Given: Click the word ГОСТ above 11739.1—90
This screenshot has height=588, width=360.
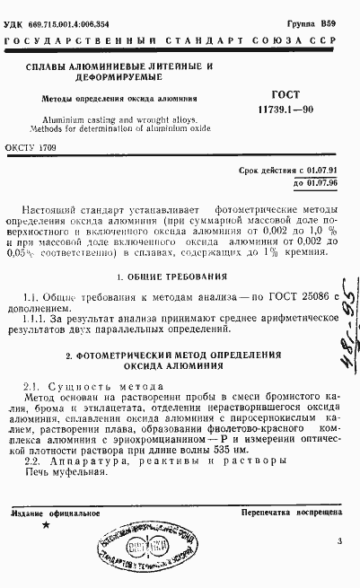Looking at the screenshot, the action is click(286, 93).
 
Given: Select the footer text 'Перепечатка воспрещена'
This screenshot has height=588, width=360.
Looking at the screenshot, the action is click(292, 514).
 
